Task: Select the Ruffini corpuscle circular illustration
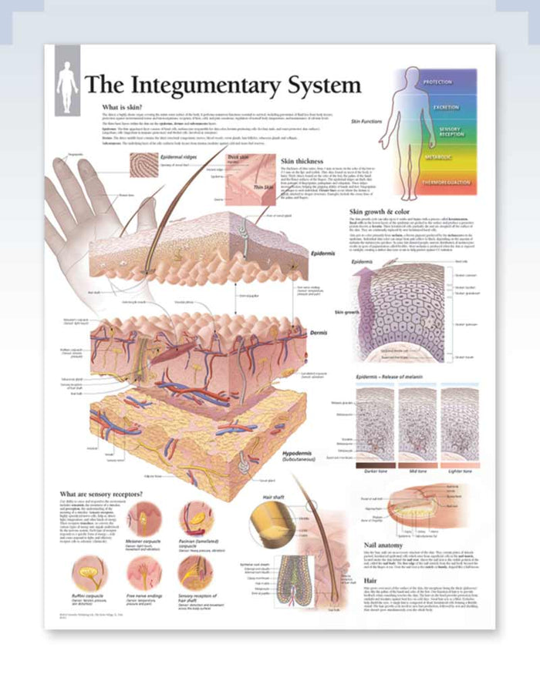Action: click(86, 574)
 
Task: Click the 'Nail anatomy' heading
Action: click(373, 545)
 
